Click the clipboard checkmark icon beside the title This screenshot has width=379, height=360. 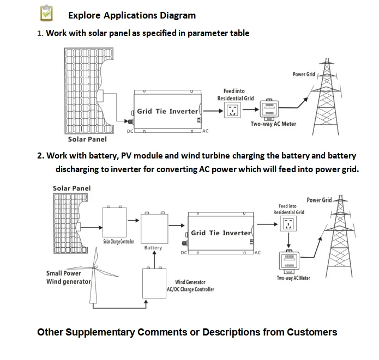pyautogui.click(x=48, y=13)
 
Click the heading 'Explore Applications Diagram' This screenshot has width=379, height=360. pyautogui.click(x=132, y=15)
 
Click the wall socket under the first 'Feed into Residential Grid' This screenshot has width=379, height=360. pyautogui.click(x=233, y=111)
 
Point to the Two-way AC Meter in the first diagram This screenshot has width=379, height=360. pyautogui.click(x=269, y=109)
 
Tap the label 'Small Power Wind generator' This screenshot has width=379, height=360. pyautogui.click(x=68, y=277)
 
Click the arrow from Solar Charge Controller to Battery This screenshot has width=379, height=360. pyautogui.click(x=133, y=221)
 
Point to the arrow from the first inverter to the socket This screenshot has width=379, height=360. pyautogui.click(x=214, y=111)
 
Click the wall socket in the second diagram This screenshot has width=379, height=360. pyautogui.click(x=287, y=223)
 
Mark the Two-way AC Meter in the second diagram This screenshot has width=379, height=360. pyautogui.click(x=290, y=263)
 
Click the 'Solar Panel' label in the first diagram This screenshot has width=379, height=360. pyautogui.click(x=83, y=139)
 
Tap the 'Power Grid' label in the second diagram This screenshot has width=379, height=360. pyautogui.click(x=318, y=200)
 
